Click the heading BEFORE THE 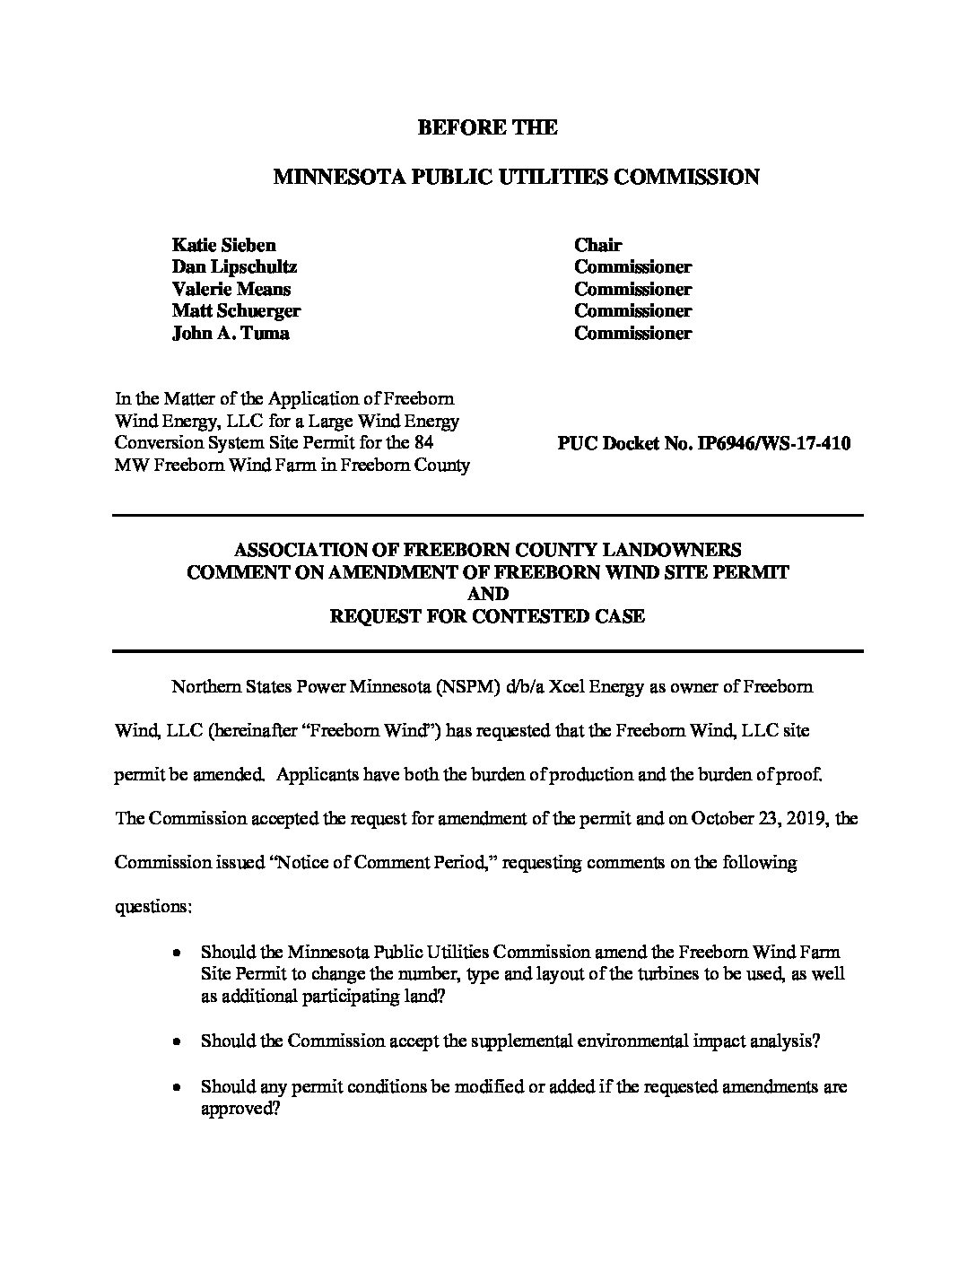click(487, 127)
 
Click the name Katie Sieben click(223, 245)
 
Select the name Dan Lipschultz click(233, 266)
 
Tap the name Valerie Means click(231, 289)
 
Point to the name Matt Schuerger click(236, 310)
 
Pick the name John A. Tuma click(231, 333)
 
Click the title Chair click(597, 245)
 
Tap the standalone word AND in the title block click(487, 594)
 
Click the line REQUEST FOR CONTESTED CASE click(487, 616)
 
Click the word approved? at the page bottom click(240, 1109)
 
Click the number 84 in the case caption click(424, 443)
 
